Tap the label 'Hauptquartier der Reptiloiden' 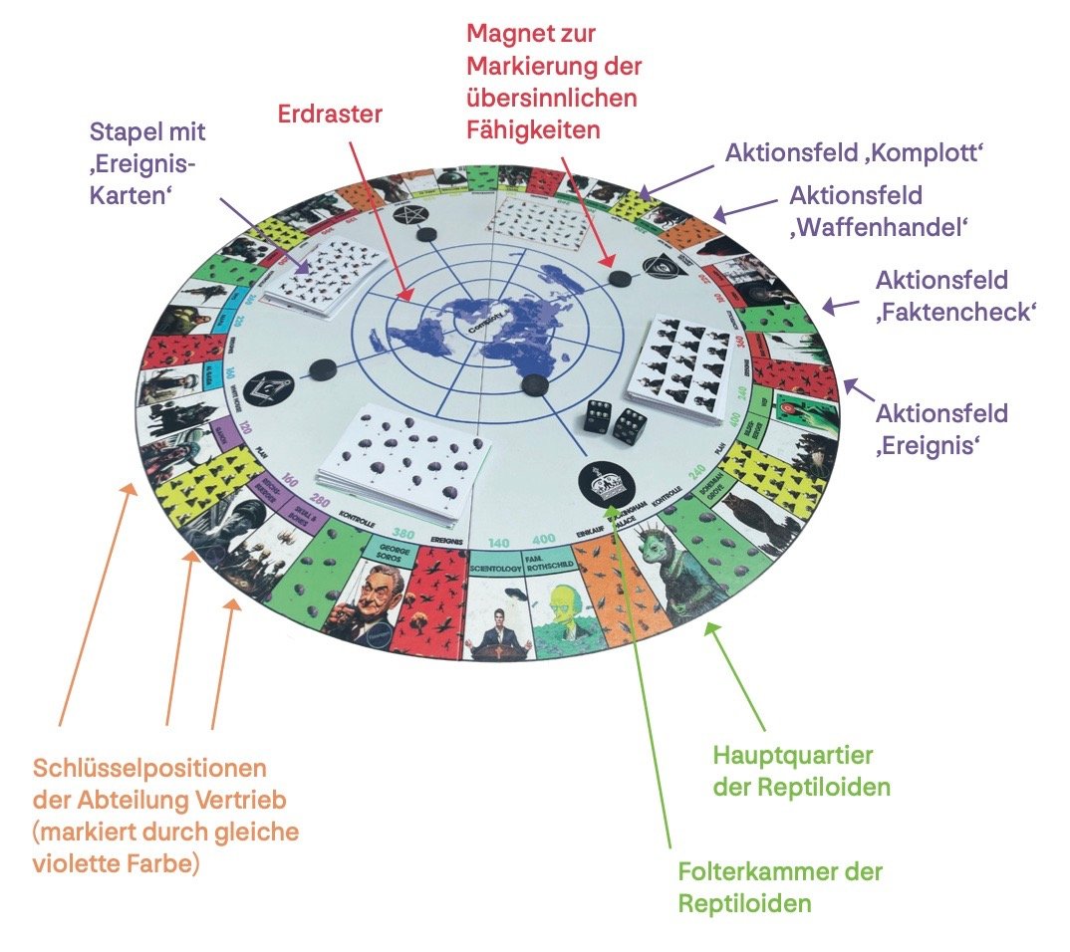[801, 772]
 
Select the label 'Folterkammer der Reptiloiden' [779, 887]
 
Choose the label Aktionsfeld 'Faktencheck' [954, 296]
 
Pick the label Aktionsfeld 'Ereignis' [940, 428]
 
